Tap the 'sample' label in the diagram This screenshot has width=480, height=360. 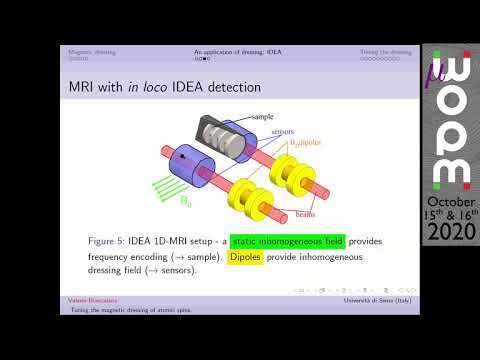262,117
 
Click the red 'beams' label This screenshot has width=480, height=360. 307,213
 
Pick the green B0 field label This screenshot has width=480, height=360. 186,201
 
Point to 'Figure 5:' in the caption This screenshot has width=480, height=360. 113,242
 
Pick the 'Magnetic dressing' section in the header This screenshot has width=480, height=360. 90,51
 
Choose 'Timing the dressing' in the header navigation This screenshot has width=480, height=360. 385,51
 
